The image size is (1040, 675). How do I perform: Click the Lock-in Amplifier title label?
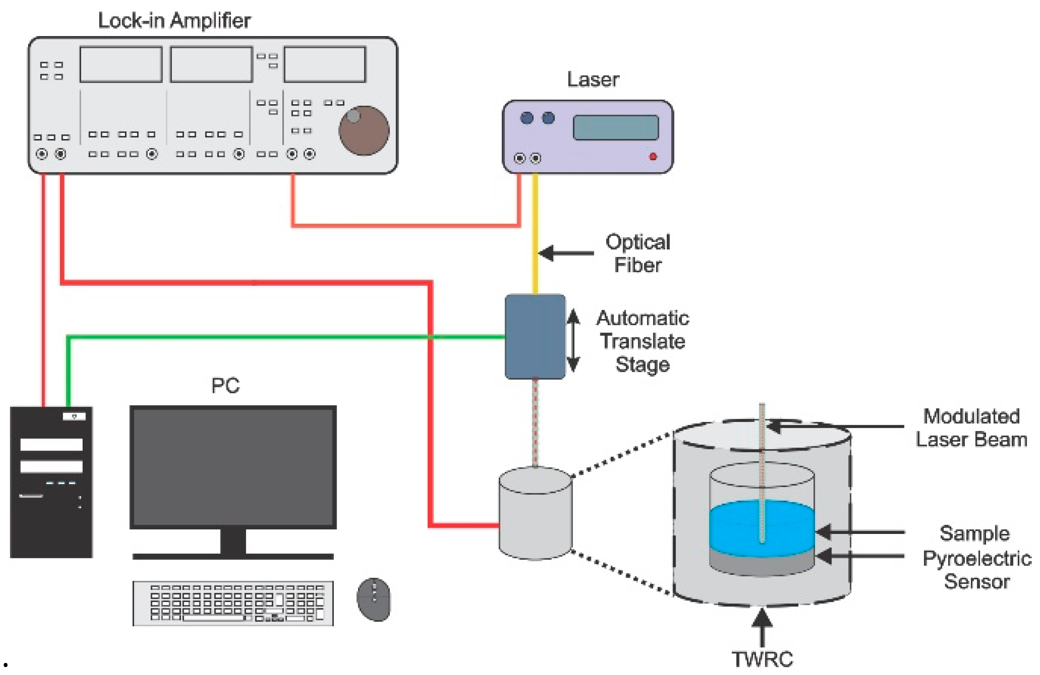[174, 20]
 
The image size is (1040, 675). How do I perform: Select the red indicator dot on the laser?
[653, 157]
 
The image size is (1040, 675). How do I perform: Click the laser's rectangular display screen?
[616, 127]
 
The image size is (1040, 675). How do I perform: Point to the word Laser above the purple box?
[593, 80]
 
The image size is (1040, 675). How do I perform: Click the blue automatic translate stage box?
[535, 336]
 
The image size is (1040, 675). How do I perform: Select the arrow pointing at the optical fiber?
[565, 253]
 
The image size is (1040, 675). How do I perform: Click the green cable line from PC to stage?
[262, 336]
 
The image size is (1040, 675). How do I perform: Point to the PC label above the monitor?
[225, 385]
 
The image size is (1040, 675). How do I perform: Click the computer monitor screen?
[233, 467]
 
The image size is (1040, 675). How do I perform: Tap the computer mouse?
[374, 599]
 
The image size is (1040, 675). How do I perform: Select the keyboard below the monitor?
[233, 603]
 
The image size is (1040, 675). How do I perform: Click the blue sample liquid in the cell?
[739, 528]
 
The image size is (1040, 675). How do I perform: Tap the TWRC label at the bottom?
[762, 659]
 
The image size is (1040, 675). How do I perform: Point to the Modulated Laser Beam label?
[971, 428]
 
